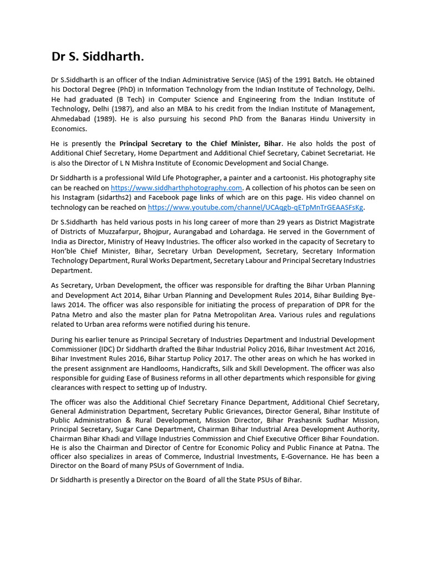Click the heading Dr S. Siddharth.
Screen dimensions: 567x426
click(98, 57)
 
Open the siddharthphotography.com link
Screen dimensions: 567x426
click(176, 188)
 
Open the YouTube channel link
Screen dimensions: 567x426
click(256, 208)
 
